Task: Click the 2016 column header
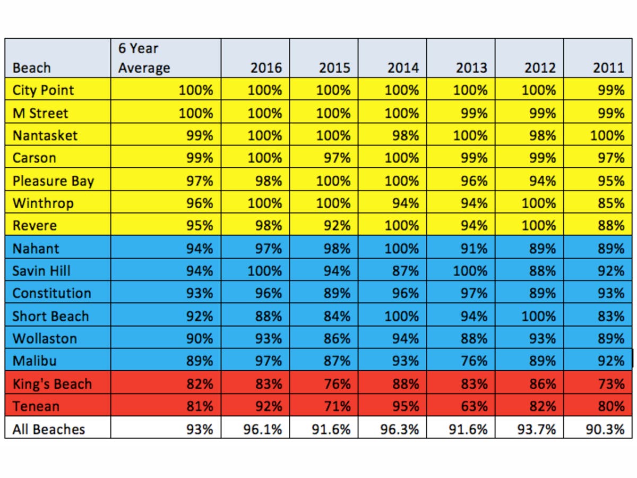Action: tap(266, 68)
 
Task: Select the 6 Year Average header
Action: tap(144, 58)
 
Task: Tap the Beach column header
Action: tap(32, 68)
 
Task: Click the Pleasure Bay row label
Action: tap(54, 181)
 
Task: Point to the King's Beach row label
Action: tap(52, 384)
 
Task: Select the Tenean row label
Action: tap(36, 406)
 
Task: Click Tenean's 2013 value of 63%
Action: tap(474, 406)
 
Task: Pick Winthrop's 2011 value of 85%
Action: tap(611, 203)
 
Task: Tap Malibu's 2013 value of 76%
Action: tap(474, 361)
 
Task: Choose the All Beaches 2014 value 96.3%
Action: tap(400, 430)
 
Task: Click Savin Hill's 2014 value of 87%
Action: tap(406, 271)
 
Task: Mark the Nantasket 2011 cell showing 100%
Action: tap(607, 136)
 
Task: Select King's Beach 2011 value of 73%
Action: tap(611, 384)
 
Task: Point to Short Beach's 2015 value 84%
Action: tap(337, 317)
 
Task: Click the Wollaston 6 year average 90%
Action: tap(200, 339)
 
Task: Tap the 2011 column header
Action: tap(608, 68)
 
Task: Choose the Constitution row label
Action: tap(52, 293)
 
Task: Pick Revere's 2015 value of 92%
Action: tap(337, 226)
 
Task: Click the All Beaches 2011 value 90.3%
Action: tap(605, 430)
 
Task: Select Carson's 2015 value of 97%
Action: tap(337, 158)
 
